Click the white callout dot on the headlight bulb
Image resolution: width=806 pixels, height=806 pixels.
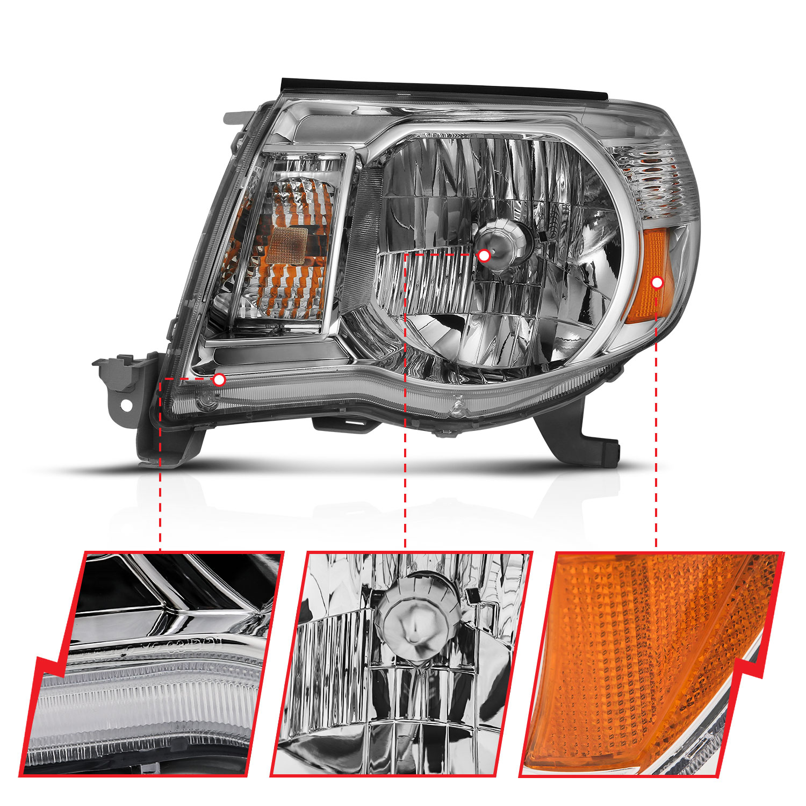(x=484, y=256)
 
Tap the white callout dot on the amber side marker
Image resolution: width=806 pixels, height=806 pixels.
(x=657, y=283)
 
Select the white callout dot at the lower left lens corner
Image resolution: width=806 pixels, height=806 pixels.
(x=219, y=380)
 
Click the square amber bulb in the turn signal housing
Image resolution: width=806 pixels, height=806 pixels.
(x=288, y=245)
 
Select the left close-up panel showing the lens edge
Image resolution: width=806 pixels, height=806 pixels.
(x=150, y=664)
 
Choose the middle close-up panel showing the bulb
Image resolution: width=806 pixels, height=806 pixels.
(x=400, y=664)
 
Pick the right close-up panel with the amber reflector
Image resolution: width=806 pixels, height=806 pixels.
(x=650, y=664)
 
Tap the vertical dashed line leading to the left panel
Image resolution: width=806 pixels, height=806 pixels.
(x=160, y=484)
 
